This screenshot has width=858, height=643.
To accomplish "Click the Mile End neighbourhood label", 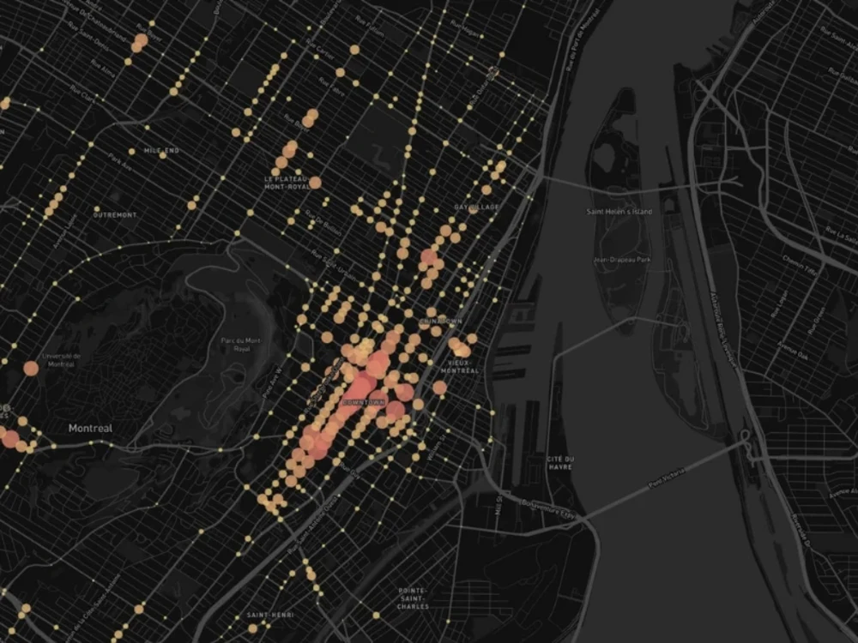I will click(x=161, y=151).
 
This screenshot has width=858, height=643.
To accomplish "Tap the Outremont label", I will click(x=114, y=214).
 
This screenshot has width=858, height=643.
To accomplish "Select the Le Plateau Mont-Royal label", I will click(x=287, y=183).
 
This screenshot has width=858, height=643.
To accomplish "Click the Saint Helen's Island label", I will click(x=619, y=212).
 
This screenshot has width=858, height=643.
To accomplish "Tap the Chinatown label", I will click(x=441, y=321).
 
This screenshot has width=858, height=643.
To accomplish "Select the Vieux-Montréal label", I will click(x=459, y=366).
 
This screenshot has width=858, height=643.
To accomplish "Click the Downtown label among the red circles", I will click(x=365, y=401).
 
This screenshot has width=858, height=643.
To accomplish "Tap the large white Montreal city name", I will click(x=91, y=427).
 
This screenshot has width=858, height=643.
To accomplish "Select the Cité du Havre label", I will click(x=560, y=463).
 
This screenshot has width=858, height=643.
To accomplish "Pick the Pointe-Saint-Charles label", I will click(x=414, y=598).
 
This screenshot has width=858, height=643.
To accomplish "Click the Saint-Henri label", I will click(x=269, y=615).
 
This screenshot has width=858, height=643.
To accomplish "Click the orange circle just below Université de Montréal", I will click(x=31, y=369).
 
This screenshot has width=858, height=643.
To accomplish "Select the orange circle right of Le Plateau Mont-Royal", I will click(x=315, y=183).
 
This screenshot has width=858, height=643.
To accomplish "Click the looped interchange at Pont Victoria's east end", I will click(x=745, y=438).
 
